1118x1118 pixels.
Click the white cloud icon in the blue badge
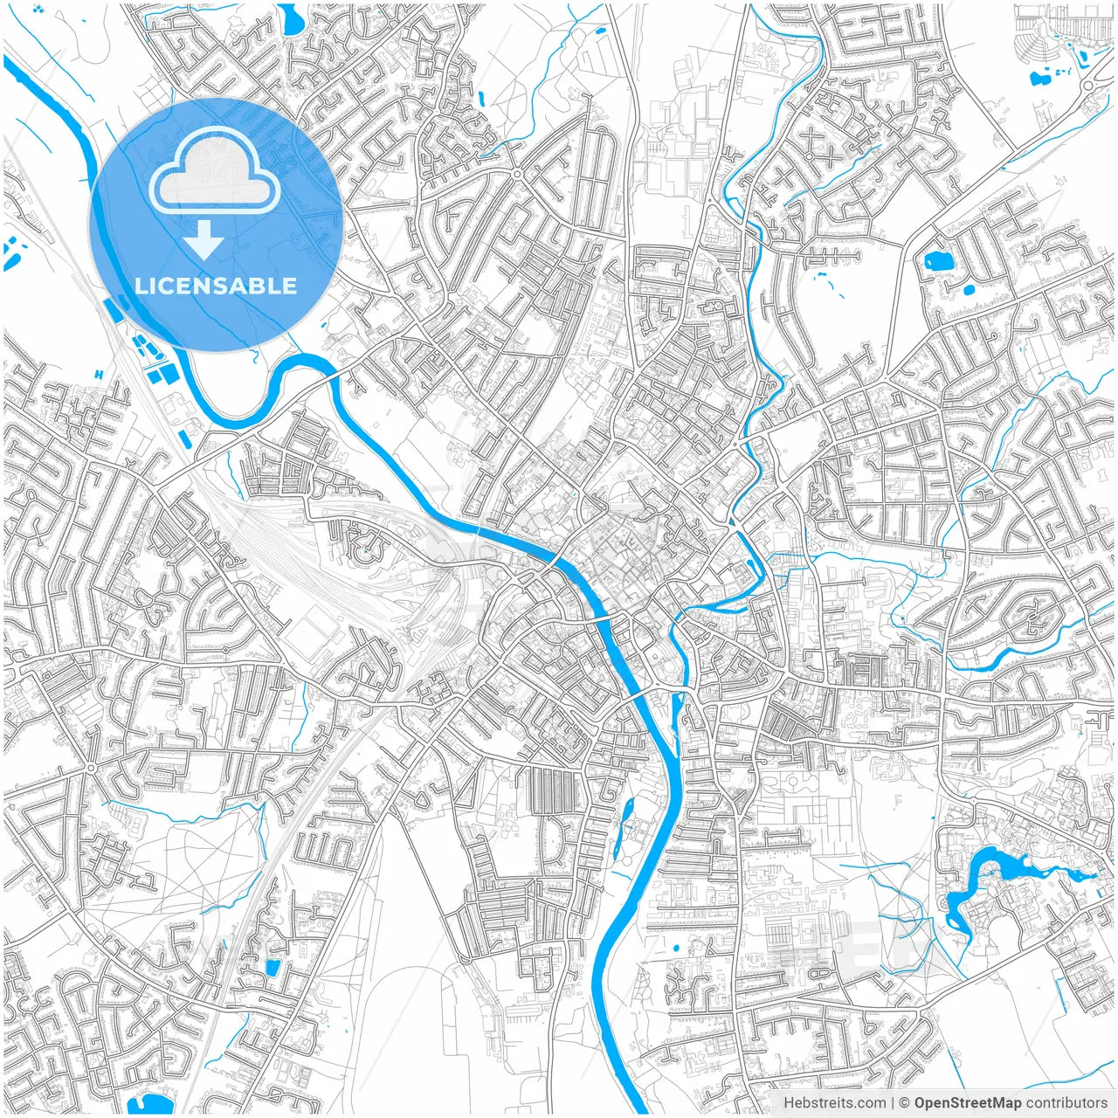(215, 172)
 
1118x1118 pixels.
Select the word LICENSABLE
(216, 286)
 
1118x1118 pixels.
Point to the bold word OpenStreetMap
(968, 1103)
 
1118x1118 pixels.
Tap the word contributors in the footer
(1066, 1103)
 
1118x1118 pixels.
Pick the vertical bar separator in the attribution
(892, 1103)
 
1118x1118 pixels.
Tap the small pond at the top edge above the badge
(291, 15)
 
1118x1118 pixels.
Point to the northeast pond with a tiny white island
(936, 259)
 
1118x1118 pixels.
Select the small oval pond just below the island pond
(967, 289)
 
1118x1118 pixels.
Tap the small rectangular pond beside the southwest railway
(273, 967)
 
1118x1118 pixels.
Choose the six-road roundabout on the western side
(91, 768)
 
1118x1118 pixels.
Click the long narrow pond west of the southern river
(625, 825)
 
